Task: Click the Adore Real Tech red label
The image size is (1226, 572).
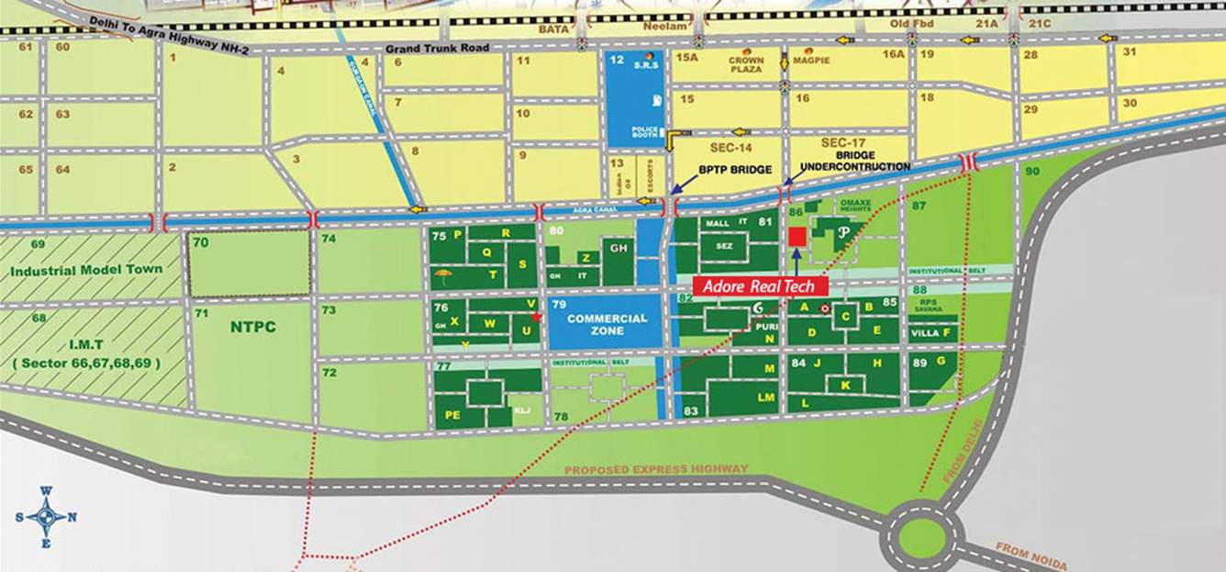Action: tap(760, 286)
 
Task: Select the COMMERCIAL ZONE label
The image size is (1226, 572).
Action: tap(607, 324)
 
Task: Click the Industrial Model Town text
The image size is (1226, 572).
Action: tap(86, 269)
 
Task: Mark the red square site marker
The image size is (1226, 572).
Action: tap(797, 236)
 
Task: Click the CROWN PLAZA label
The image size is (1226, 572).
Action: tap(746, 64)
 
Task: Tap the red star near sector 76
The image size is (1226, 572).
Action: tap(537, 318)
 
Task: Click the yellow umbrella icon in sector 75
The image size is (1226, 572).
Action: tap(443, 275)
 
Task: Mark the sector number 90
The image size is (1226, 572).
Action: tap(1032, 172)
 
